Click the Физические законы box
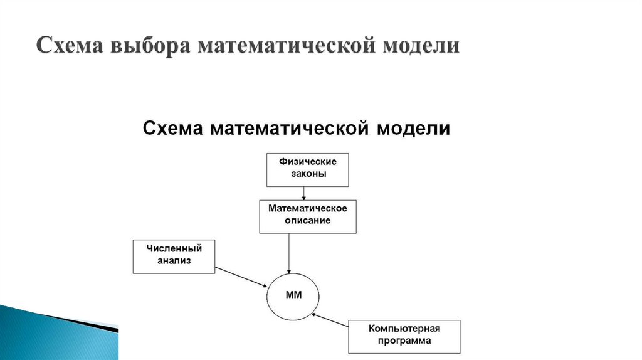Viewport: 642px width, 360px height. click(308, 169)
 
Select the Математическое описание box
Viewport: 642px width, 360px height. click(308, 216)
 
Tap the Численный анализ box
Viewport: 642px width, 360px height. click(174, 256)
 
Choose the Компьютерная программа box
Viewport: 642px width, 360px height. click(404, 336)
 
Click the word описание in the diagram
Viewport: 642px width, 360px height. click(308, 221)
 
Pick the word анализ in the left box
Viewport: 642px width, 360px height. click(174, 261)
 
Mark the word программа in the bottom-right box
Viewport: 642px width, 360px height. click(404, 341)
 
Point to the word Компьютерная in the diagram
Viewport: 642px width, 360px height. click(404, 329)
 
